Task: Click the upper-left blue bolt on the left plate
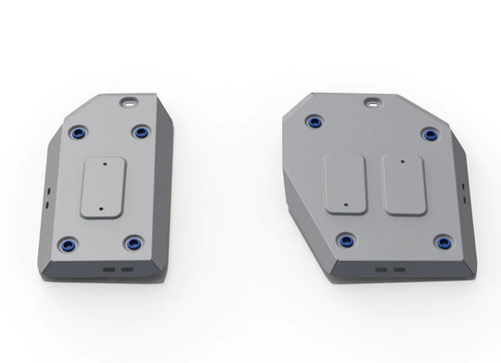[x=76, y=133]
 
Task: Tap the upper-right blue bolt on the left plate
[x=141, y=132]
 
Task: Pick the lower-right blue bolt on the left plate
[x=133, y=245]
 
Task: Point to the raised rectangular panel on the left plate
[x=101, y=188]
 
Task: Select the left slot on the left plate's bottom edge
[x=108, y=266]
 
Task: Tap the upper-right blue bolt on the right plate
[x=430, y=135]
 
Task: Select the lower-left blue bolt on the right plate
[x=346, y=241]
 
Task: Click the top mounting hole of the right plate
[x=373, y=99]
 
